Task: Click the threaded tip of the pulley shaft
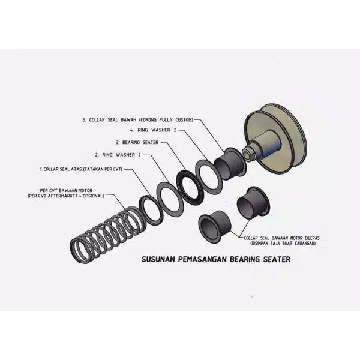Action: pos(247,155)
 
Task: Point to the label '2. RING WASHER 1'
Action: pos(119,155)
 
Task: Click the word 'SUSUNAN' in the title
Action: pos(157,261)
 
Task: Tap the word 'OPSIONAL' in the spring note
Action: pos(93,196)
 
